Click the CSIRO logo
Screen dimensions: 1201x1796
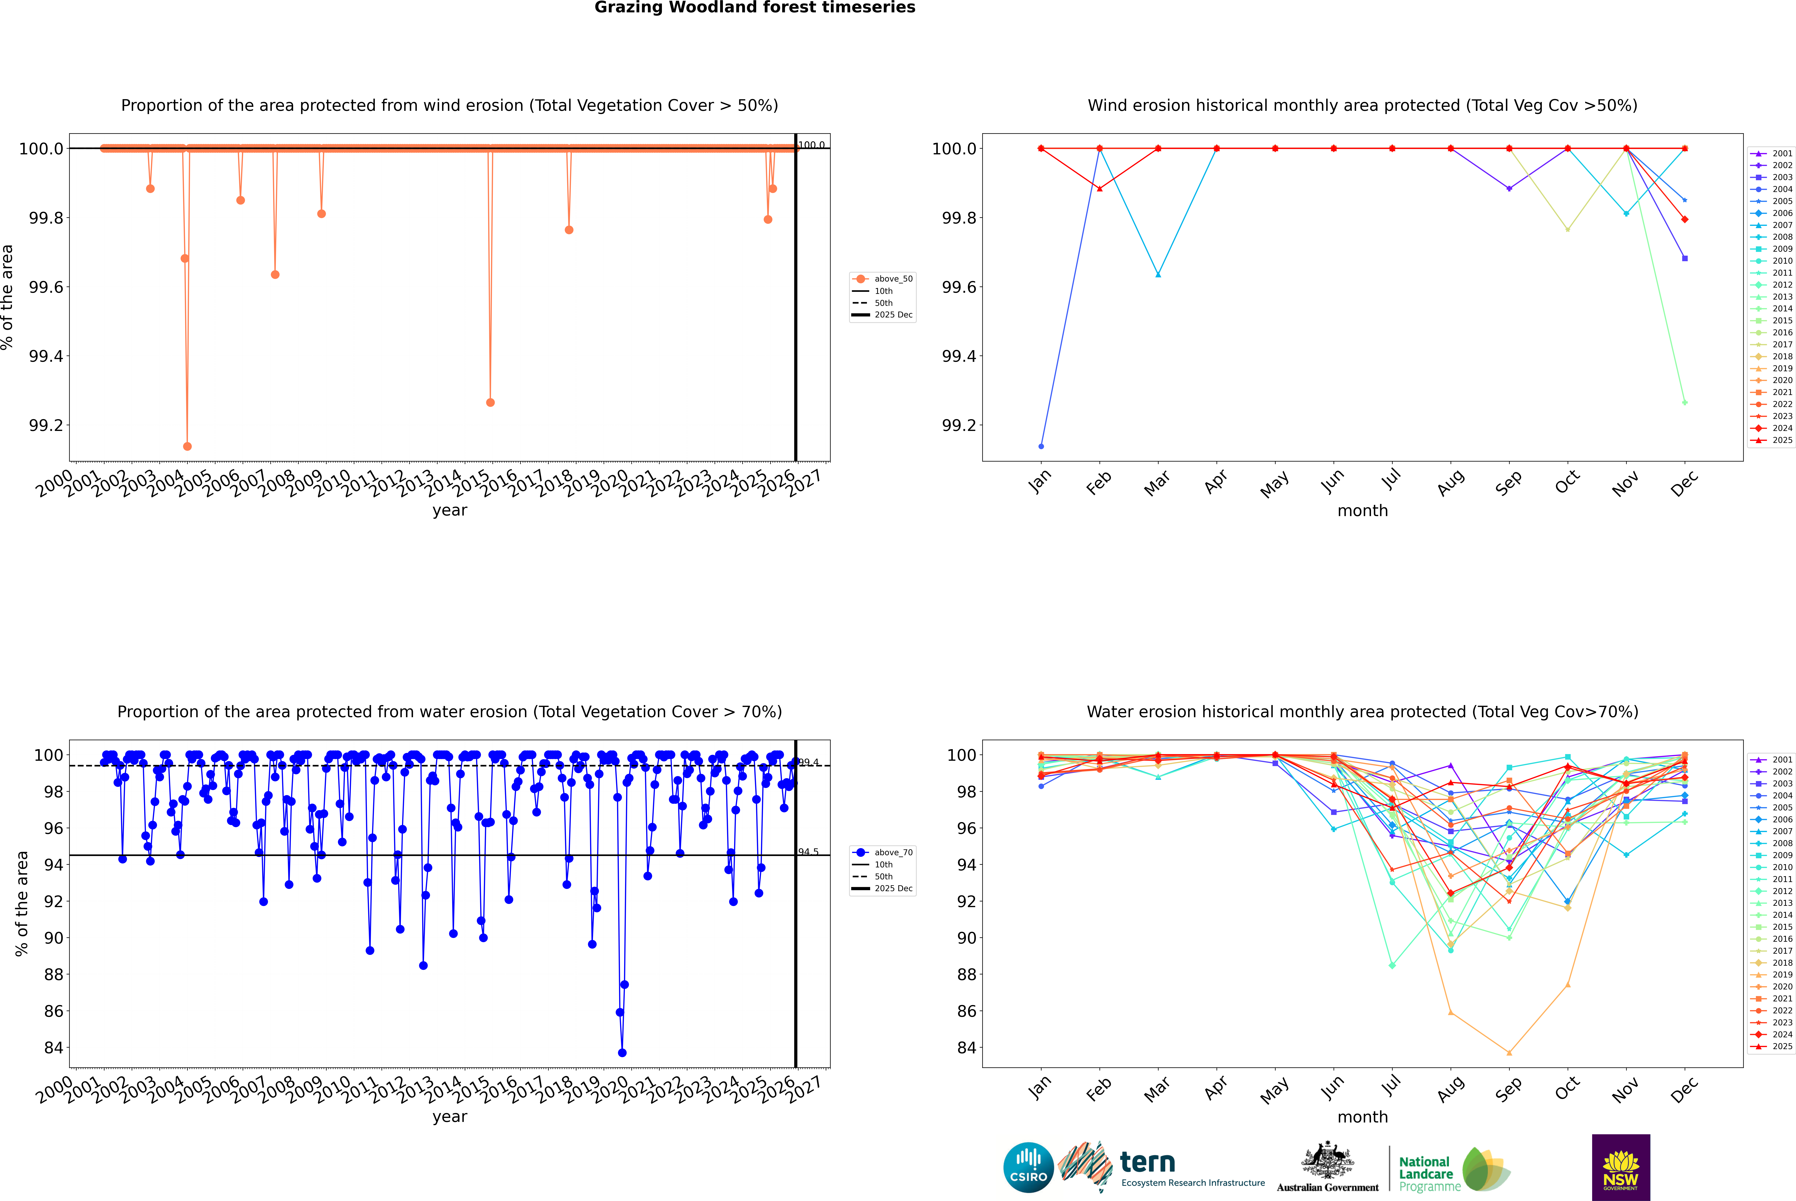click(1028, 1167)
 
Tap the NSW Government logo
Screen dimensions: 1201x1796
click(1621, 1167)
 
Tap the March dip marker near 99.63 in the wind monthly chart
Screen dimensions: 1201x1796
click(1158, 274)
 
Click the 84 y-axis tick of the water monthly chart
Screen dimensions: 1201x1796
click(967, 1048)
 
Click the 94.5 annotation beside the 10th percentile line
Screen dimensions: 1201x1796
click(808, 852)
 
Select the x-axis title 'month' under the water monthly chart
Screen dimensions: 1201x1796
click(1363, 1117)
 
